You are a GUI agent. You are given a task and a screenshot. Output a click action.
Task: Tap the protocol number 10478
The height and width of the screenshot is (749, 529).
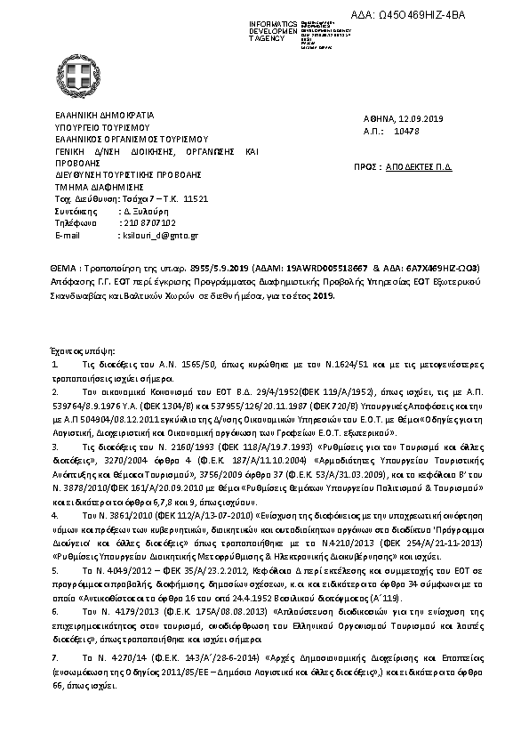407,130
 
